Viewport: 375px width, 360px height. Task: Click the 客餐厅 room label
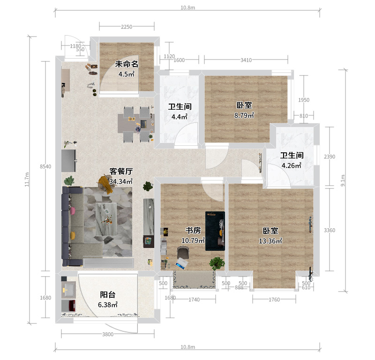[x=121, y=171]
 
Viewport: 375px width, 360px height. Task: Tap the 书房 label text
[x=193, y=230]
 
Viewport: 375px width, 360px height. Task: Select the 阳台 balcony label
[x=108, y=295]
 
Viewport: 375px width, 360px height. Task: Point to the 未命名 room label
[x=127, y=64]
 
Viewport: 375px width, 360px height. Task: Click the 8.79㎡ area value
[x=244, y=115]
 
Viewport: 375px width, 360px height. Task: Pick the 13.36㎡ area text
[x=270, y=241]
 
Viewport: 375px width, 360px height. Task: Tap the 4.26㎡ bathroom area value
[x=291, y=165]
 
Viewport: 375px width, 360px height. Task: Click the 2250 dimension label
[x=127, y=27]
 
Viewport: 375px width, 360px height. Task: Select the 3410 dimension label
[x=246, y=60]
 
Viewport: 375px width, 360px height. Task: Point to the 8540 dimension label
[x=45, y=166]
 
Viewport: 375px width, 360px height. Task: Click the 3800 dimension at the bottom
[x=108, y=334]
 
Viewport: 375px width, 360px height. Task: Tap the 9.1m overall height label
[x=343, y=180]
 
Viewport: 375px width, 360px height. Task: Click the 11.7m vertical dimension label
[x=27, y=180]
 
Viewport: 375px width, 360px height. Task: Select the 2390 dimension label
[x=330, y=157]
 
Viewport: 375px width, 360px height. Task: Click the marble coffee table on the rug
[x=106, y=219]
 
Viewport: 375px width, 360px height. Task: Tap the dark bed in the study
[x=215, y=231]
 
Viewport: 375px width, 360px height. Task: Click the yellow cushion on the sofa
[x=73, y=235]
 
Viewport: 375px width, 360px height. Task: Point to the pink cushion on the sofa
[x=73, y=211]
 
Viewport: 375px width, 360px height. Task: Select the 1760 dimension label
[x=274, y=300]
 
